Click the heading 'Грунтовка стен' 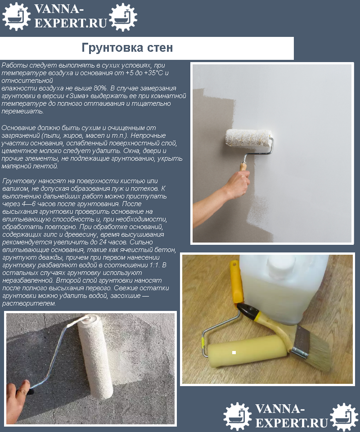tap(127, 48)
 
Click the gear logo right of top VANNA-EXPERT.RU tap(123, 17)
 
